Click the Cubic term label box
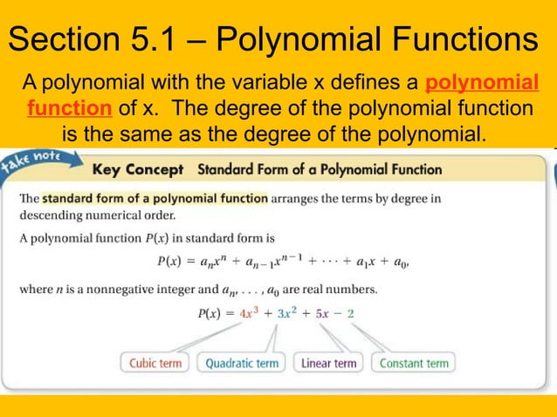156,363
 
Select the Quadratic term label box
242,363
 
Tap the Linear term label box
328,363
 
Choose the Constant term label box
413,363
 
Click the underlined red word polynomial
481,85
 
